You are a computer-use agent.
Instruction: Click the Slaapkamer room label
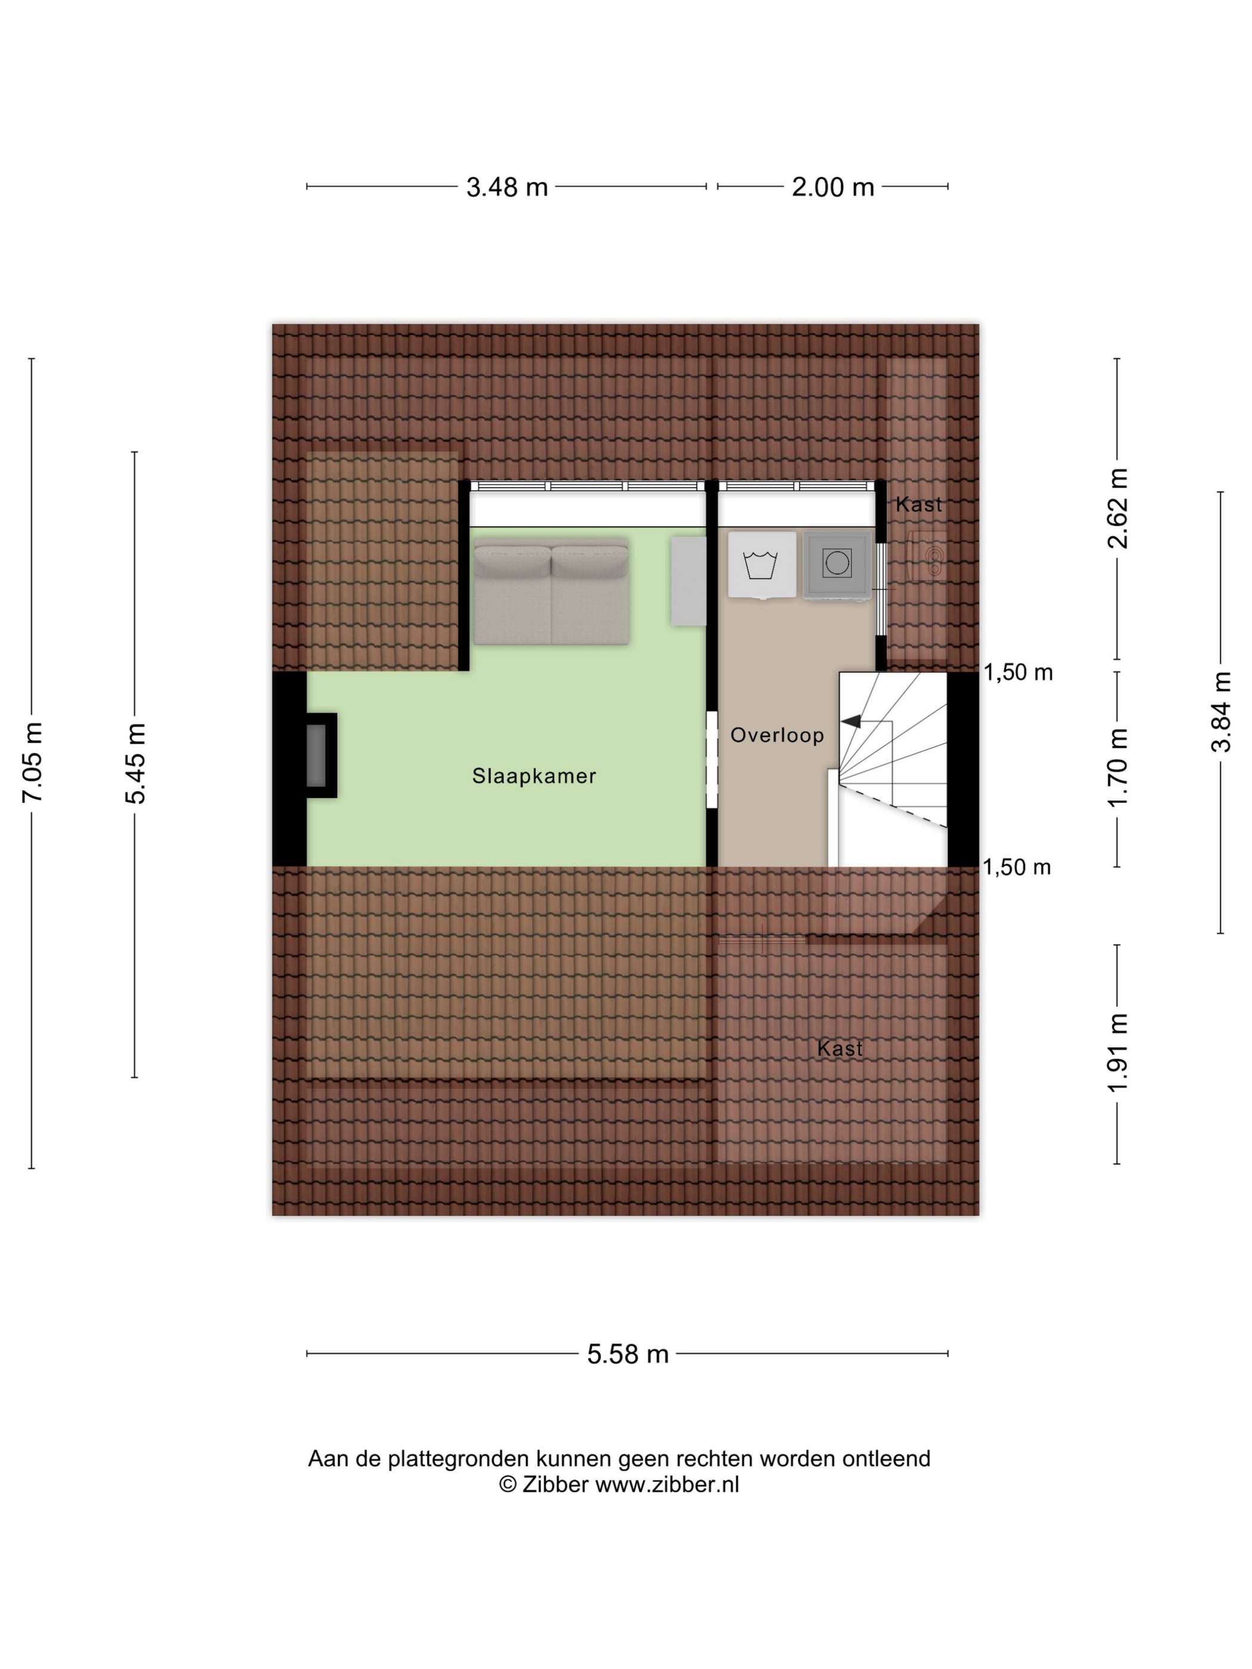(534, 775)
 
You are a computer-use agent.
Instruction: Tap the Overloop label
(777, 735)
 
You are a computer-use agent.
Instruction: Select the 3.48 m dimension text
(506, 187)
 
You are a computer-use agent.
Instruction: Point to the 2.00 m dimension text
(832, 187)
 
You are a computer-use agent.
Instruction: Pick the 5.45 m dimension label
(136, 764)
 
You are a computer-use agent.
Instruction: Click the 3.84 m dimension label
(1220, 712)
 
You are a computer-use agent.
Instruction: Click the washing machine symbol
(761, 565)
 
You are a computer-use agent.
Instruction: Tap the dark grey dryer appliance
(836, 565)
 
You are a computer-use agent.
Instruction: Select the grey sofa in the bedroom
(551, 591)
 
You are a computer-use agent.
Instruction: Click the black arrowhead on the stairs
(851, 721)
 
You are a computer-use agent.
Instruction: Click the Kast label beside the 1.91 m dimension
(839, 1048)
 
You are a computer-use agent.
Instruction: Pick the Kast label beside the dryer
(919, 504)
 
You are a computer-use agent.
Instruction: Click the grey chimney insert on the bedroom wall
(316, 755)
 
